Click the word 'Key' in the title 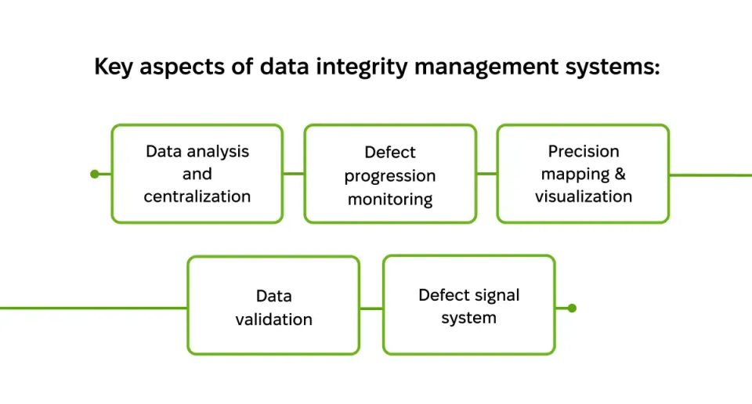pyautogui.click(x=113, y=67)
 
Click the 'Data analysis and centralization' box pyautogui.click(x=197, y=174)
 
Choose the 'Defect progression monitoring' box pyautogui.click(x=390, y=174)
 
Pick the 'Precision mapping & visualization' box pyautogui.click(x=583, y=174)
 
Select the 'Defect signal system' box pyautogui.click(x=468, y=306)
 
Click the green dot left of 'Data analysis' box pyautogui.click(x=95, y=174)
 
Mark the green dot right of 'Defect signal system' pyautogui.click(x=572, y=308)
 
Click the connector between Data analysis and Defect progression pyautogui.click(x=293, y=174)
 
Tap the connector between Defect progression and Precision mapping pyautogui.click(x=486, y=174)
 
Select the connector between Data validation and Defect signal pyautogui.click(x=371, y=308)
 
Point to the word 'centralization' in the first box pyautogui.click(x=197, y=196)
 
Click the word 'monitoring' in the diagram pyautogui.click(x=390, y=199)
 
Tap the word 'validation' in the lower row pyautogui.click(x=273, y=319)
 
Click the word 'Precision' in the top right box pyautogui.click(x=584, y=151)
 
